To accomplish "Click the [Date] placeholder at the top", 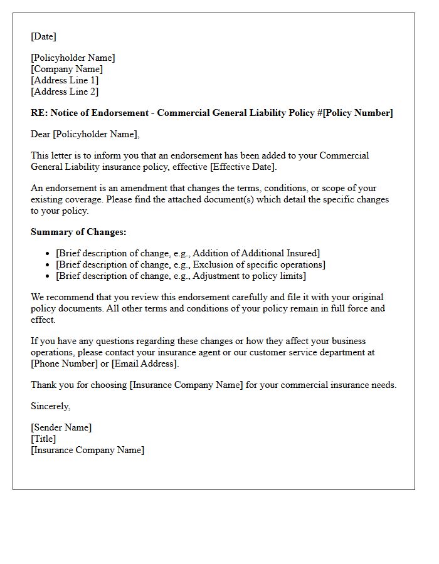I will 43,36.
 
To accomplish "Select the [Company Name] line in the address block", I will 67,69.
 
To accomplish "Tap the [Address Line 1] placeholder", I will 65,80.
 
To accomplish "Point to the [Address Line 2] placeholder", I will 65,91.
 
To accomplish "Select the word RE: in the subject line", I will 38,113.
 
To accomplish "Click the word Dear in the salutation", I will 41,134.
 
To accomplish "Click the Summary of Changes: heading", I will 78,232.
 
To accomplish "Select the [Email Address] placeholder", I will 144,363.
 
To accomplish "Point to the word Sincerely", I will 50,406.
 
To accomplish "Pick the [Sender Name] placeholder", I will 61,427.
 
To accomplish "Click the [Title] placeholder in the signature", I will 43,439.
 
